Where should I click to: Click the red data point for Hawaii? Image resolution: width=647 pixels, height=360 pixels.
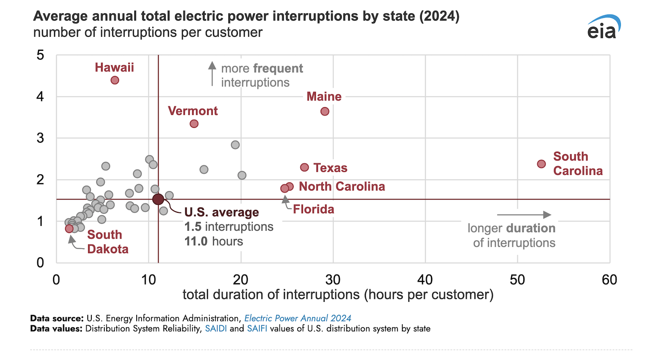[115, 80]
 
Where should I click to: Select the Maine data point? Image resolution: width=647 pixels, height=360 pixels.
[325, 111]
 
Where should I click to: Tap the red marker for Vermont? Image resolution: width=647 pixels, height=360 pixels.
[194, 124]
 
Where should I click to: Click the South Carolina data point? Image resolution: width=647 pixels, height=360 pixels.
[541, 164]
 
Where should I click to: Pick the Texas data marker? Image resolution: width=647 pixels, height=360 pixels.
[304, 167]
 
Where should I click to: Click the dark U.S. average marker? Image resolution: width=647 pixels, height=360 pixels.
[158, 199]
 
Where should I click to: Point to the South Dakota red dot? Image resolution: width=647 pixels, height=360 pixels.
[69, 229]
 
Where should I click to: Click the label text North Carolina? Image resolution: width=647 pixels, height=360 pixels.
[342, 186]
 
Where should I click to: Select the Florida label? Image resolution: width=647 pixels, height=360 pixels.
[313, 209]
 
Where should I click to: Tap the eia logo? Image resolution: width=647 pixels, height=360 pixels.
[603, 28]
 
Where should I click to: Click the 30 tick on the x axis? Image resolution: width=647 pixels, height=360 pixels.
[333, 280]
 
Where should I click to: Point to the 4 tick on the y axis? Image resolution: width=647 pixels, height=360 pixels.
[40, 97]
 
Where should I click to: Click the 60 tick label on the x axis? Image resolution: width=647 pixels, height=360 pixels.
[609, 280]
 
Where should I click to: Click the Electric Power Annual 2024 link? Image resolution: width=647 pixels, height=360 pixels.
[298, 318]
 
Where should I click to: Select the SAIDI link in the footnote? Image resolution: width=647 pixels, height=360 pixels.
[216, 328]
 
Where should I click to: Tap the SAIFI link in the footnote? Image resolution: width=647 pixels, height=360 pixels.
[257, 328]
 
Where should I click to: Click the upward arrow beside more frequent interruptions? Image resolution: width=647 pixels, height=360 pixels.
[212, 73]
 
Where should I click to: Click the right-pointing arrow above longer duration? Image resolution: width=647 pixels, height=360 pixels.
[524, 215]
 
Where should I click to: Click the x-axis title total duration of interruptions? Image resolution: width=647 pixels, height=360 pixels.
[338, 294]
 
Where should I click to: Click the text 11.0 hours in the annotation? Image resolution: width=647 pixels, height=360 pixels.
[214, 241]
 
